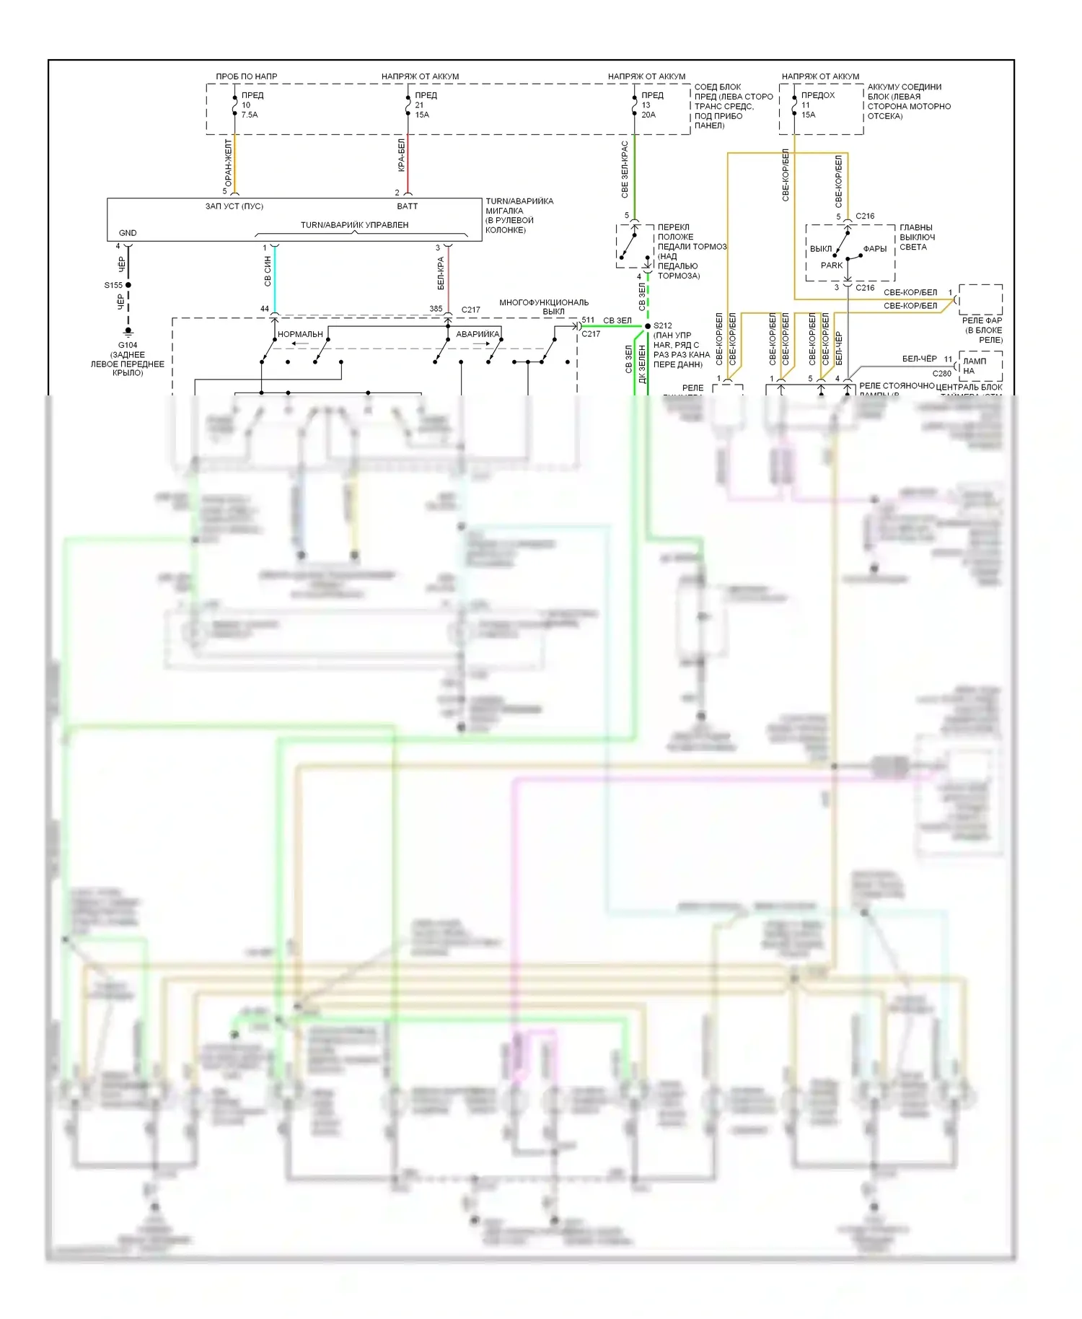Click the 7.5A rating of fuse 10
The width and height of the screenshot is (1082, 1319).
(x=250, y=115)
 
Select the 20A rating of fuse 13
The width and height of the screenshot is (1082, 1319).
(x=648, y=115)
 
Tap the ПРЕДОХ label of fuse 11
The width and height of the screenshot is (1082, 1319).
(x=818, y=95)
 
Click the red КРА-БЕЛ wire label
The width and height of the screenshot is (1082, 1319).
(x=402, y=155)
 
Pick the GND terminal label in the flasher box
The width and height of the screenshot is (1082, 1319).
(x=128, y=233)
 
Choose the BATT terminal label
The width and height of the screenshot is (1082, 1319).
(x=408, y=206)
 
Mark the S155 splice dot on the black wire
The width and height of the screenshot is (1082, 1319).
(x=128, y=285)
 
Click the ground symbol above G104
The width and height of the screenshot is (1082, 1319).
(x=128, y=332)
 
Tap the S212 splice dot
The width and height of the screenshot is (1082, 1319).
(x=647, y=326)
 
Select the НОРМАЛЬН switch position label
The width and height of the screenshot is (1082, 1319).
(x=300, y=334)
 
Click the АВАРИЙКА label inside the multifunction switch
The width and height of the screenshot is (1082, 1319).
(x=478, y=334)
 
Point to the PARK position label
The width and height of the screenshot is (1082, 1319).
(x=832, y=266)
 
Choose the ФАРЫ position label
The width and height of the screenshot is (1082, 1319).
(x=875, y=249)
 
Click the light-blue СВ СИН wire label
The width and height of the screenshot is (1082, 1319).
(x=268, y=271)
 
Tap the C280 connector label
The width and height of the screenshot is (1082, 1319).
(x=942, y=374)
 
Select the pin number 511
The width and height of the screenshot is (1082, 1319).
(x=589, y=320)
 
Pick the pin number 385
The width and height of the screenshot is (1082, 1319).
(x=436, y=309)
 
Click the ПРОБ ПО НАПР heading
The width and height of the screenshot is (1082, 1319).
(x=247, y=76)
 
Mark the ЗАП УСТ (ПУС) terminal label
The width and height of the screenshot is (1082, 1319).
(x=234, y=206)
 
